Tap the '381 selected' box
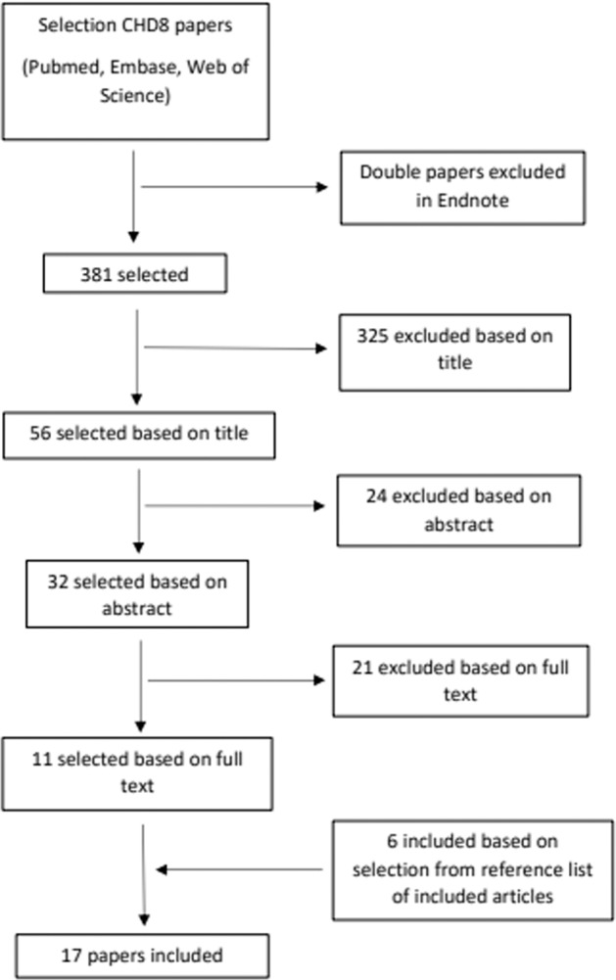click(135, 275)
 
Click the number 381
click(96, 276)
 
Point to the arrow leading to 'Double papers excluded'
click(235, 187)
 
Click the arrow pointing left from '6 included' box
click(240, 868)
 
